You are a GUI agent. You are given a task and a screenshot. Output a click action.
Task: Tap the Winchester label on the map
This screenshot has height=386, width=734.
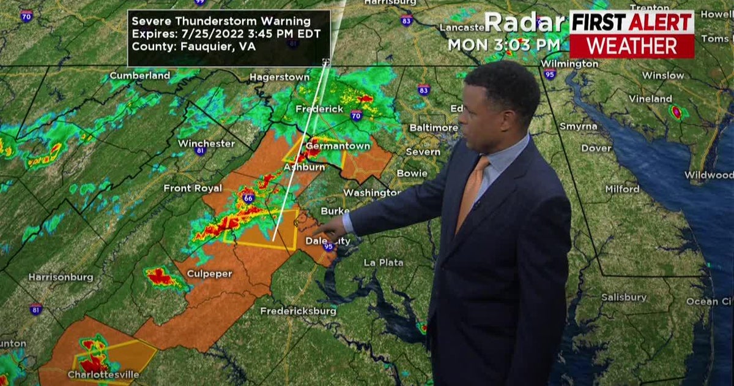[206, 143]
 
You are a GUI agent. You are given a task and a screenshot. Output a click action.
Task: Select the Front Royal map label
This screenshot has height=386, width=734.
[193, 188]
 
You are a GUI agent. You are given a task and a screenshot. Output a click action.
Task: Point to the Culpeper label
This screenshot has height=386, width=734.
[209, 273]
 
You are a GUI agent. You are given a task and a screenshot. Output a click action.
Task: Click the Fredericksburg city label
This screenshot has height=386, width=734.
[298, 311]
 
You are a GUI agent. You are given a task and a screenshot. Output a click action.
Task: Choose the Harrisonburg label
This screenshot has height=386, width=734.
[61, 277]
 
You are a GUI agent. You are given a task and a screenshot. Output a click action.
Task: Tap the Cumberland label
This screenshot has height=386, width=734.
[139, 76]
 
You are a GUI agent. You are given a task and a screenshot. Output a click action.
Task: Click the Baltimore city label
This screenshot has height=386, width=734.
[433, 127]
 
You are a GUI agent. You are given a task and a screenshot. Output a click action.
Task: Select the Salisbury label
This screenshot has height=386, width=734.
[623, 297]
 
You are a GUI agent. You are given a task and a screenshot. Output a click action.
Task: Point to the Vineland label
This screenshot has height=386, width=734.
[650, 99]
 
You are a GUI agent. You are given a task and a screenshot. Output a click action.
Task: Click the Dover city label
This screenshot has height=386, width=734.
[596, 148]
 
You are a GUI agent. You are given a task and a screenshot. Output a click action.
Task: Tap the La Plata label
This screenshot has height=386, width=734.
[384, 262]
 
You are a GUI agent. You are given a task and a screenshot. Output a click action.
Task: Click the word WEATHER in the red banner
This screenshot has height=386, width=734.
[631, 46]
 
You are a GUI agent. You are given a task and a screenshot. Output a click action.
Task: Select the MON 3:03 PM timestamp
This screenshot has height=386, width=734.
[503, 45]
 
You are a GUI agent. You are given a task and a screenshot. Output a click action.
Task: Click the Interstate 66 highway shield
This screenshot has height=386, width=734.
[248, 198]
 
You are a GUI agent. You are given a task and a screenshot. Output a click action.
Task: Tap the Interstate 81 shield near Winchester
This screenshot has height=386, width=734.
[200, 151]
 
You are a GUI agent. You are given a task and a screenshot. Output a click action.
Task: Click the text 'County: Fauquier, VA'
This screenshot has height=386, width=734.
[194, 47]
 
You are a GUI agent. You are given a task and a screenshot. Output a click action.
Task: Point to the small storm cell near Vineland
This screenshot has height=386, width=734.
[677, 112]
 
